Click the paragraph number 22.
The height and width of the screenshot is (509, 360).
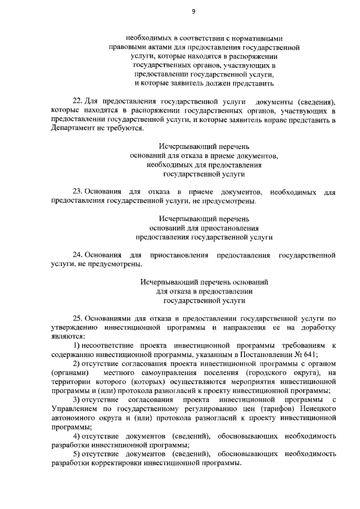[78, 101]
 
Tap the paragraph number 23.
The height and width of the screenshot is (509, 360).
[78, 192]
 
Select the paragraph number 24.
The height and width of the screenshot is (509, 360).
[78, 255]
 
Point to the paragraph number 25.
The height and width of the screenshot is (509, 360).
[78, 318]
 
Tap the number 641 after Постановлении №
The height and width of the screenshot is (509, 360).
[310, 354]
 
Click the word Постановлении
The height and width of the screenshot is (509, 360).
[264, 354]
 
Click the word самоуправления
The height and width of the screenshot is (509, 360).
[171, 372]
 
